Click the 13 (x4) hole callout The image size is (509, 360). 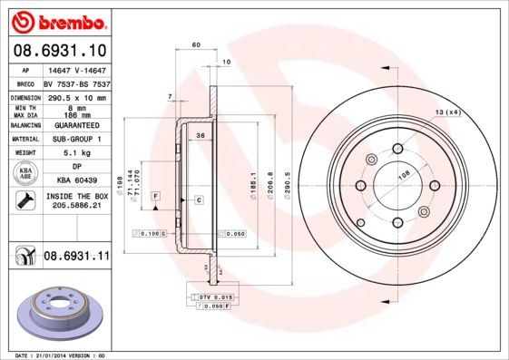pos(447,112)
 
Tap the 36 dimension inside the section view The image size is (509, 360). pos(200,136)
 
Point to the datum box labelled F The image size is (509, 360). pos(156,196)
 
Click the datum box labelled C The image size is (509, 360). pos(198,199)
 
